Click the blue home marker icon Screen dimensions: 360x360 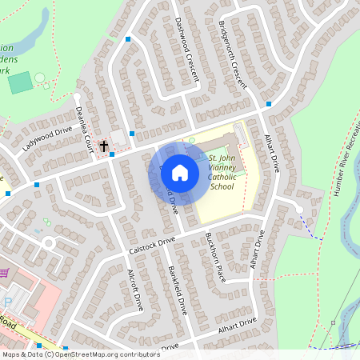(x=180, y=173)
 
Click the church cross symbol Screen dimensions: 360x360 (x=103, y=146)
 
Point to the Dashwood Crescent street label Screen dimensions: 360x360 (x=186, y=50)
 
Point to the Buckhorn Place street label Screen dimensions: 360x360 (x=215, y=257)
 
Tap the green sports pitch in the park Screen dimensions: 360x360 (x=20, y=82)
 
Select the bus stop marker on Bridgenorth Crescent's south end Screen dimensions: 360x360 (x=269, y=104)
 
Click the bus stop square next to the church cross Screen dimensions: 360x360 (x=112, y=154)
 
